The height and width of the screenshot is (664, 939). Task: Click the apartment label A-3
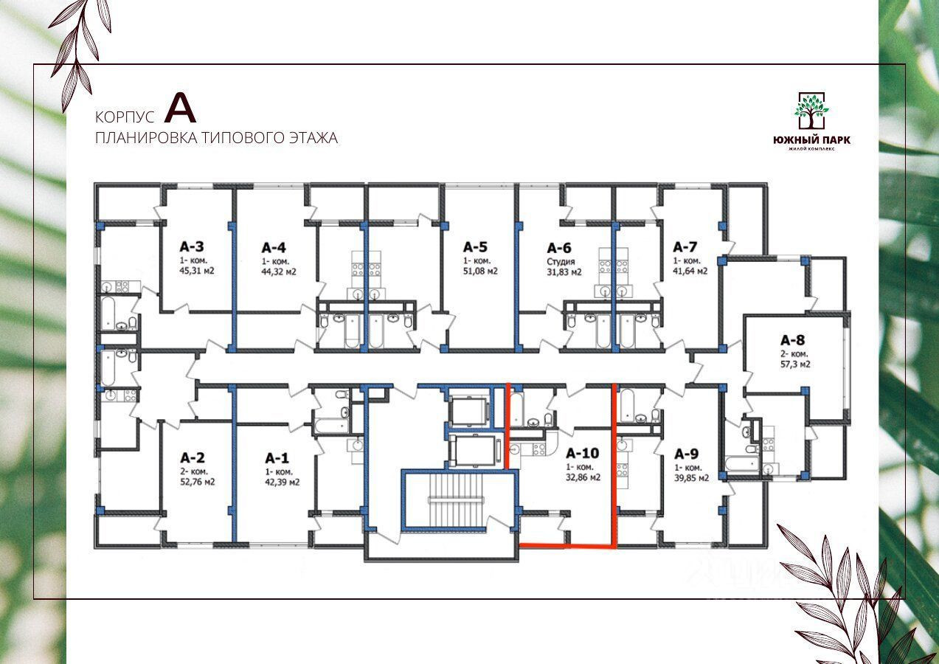pyautogui.click(x=192, y=247)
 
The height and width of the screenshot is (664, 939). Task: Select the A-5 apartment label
pyautogui.click(x=476, y=247)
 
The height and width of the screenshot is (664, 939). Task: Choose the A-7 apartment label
pyautogui.click(x=685, y=247)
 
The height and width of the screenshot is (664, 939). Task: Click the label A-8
pyautogui.click(x=793, y=340)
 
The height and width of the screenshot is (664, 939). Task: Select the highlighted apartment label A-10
pyautogui.click(x=583, y=454)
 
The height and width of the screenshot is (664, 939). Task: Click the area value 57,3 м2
pyautogui.click(x=795, y=364)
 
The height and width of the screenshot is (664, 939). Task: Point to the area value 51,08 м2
pyautogui.click(x=480, y=271)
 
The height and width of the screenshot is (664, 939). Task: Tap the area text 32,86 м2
pyautogui.click(x=583, y=477)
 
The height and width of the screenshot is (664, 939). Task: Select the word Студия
pyautogui.click(x=561, y=261)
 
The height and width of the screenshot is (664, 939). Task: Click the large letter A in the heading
pyautogui.click(x=180, y=108)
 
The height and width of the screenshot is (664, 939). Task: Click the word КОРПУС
pyautogui.click(x=125, y=117)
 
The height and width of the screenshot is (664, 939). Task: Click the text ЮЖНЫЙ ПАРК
pyautogui.click(x=811, y=140)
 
